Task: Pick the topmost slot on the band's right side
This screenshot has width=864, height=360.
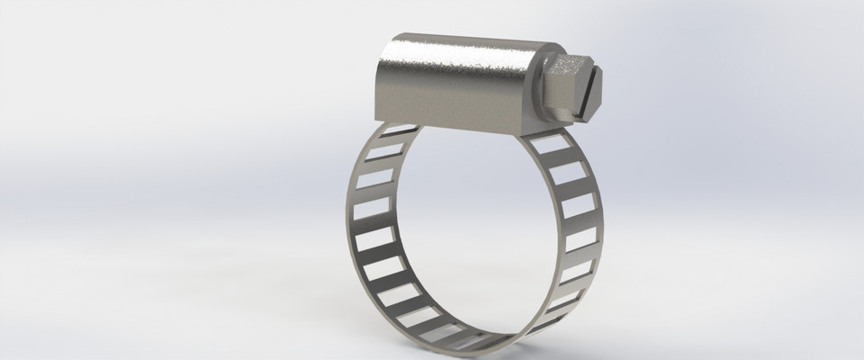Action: (x=546, y=144)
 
